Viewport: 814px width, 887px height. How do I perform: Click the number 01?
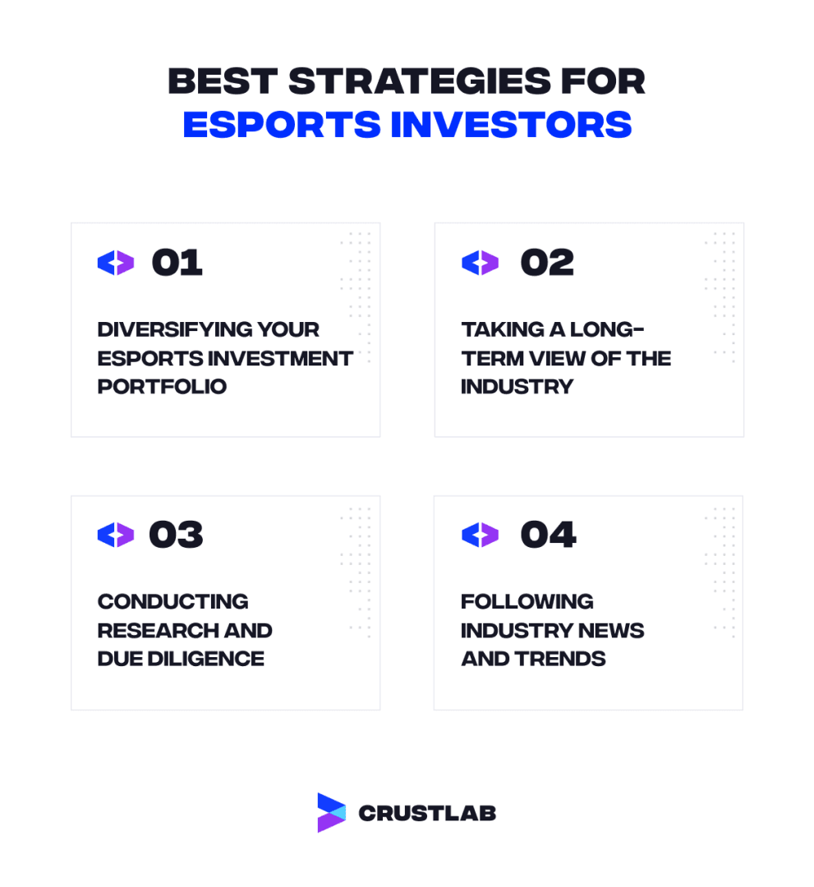pyautogui.click(x=177, y=263)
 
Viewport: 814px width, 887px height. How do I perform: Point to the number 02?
pyautogui.click(x=547, y=263)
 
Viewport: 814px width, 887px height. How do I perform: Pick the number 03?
pyautogui.click(x=176, y=535)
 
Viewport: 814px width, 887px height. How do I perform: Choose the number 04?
pyautogui.click(x=548, y=535)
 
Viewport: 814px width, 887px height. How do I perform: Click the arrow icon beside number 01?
pyautogui.click(x=115, y=263)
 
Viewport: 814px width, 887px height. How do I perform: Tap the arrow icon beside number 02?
pyautogui.click(x=480, y=263)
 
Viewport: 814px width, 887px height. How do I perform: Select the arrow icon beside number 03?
pyautogui.click(x=115, y=535)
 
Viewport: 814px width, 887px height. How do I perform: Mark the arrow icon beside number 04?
pyautogui.click(x=480, y=535)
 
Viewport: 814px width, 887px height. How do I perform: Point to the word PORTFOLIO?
pyautogui.click(x=162, y=386)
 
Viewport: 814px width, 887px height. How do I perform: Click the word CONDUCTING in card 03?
pyautogui.click(x=172, y=602)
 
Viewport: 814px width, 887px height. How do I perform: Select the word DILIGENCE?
pyautogui.click(x=207, y=659)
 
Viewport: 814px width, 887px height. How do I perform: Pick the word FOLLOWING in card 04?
pyautogui.click(x=527, y=602)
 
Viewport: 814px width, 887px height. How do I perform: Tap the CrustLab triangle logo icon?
pyautogui.click(x=331, y=812)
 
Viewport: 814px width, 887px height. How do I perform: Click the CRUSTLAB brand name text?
pyautogui.click(x=427, y=813)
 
